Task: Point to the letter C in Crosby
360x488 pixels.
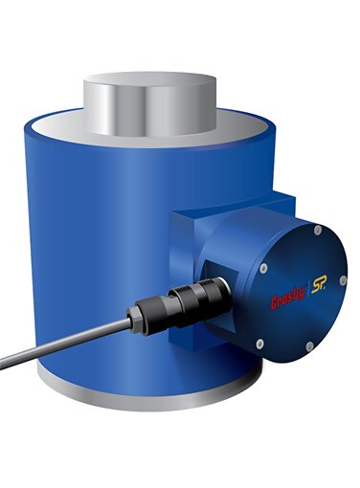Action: pyautogui.click(x=275, y=303)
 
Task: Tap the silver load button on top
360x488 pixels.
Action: pyautogui.click(x=149, y=103)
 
